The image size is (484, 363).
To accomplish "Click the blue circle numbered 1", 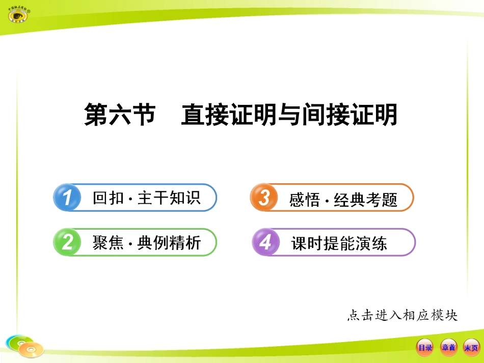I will (x=67, y=198).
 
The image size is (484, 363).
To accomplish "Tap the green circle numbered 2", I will (x=67, y=242).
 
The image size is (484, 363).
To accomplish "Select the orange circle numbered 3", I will (x=263, y=198).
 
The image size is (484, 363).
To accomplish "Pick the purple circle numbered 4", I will (x=265, y=242).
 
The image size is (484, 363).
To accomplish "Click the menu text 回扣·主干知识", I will (x=147, y=198).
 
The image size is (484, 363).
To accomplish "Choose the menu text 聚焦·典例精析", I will (x=147, y=243).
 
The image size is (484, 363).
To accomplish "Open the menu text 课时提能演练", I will (x=339, y=243).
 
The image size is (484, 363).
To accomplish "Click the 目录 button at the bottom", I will (x=425, y=348).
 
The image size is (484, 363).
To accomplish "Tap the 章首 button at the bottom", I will (x=448, y=348).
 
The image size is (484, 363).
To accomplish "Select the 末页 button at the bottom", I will (x=471, y=348).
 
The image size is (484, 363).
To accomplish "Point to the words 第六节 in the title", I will (x=119, y=115).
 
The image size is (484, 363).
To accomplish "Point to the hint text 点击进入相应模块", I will (x=402, y=315).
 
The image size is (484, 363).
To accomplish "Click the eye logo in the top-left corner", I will (x=18, y=15).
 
